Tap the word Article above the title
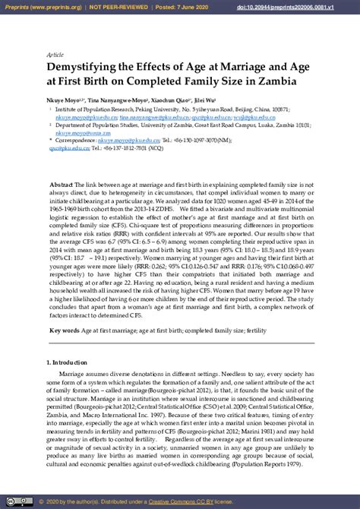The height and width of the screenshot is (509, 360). click(x=55, y=55)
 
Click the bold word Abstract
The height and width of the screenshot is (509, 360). click(x=61, y=185)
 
